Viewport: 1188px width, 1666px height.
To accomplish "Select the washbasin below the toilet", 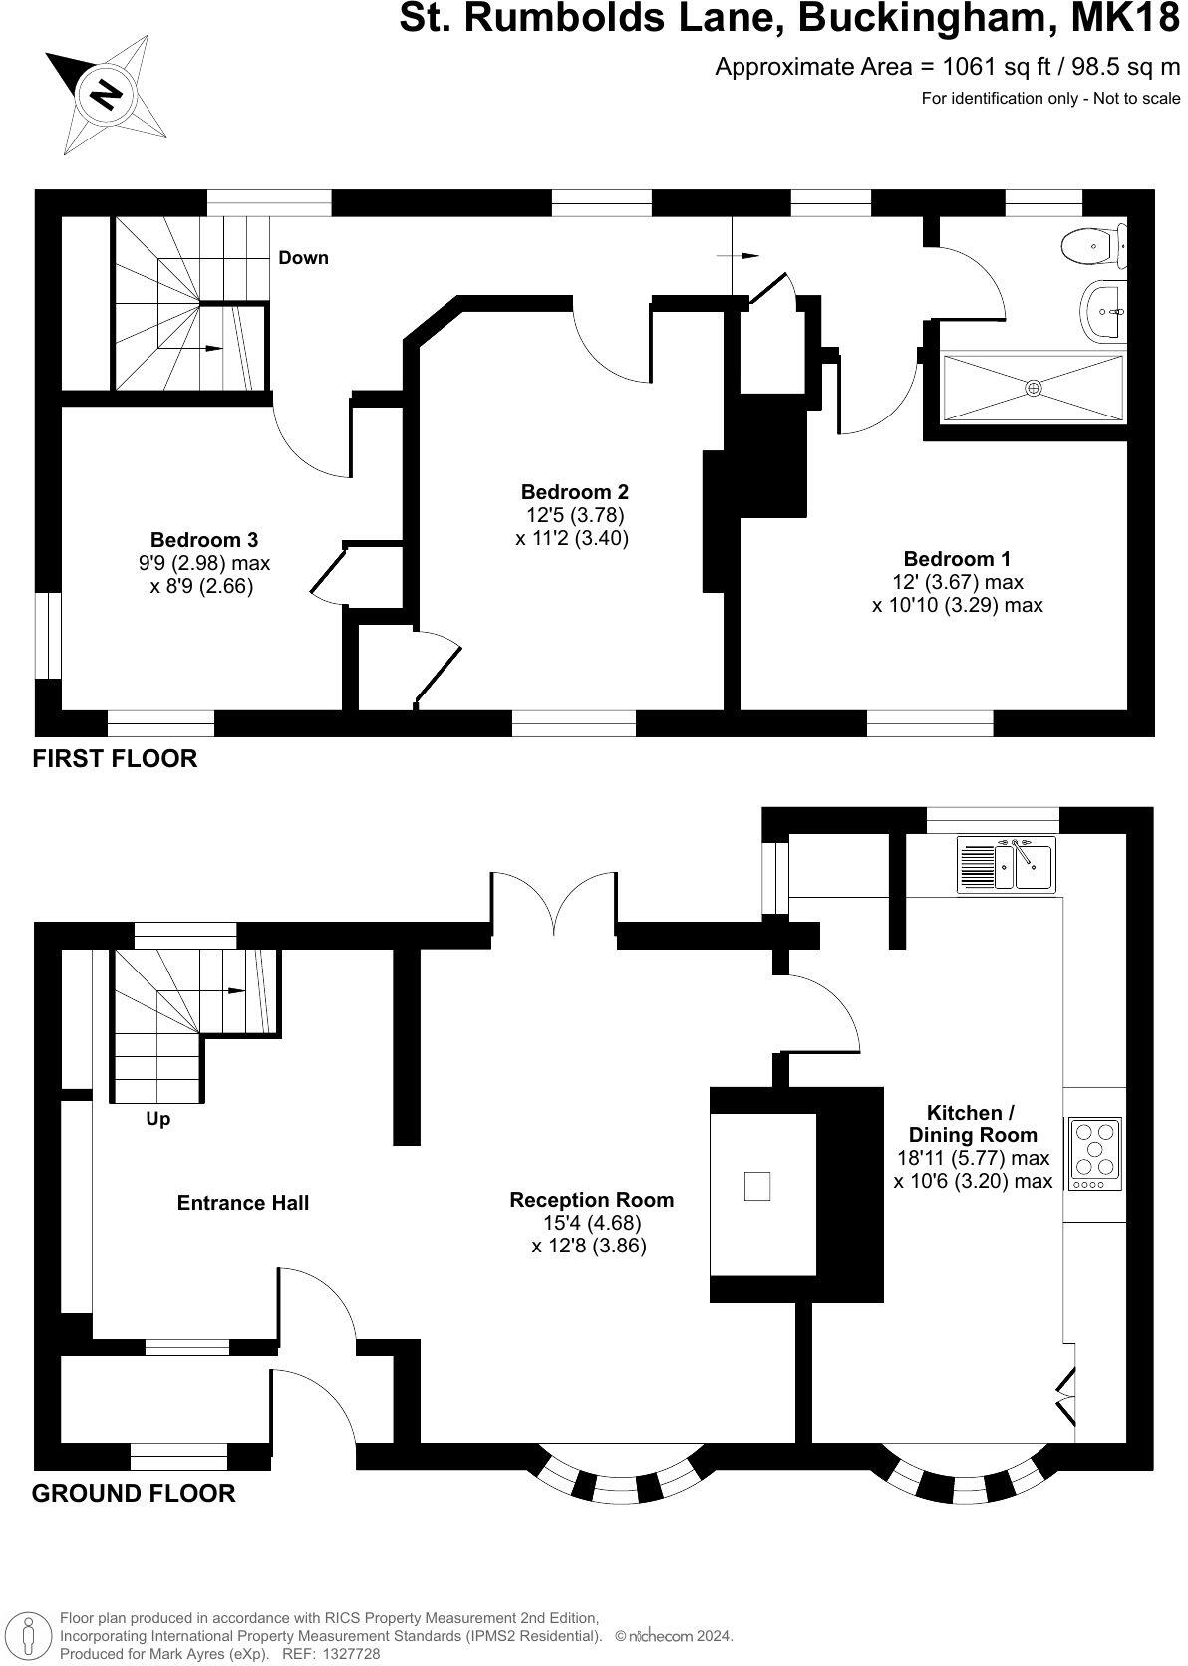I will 1105,310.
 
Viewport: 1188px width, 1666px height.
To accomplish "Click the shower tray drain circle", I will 1034,388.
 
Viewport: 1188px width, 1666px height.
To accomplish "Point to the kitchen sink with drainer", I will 1007,863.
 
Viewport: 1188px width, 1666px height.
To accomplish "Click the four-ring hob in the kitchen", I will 1094,1154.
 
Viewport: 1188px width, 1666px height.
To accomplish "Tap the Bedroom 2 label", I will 575,491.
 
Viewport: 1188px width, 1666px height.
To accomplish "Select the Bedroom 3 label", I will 204,540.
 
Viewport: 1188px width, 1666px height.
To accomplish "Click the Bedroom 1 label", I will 957,558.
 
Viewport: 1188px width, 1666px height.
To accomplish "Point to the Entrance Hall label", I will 243,1203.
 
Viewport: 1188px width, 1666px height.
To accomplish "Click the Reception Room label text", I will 591,1200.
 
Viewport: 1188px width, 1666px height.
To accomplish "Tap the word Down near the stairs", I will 303,258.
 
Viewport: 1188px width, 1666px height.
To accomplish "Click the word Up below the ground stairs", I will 158,1119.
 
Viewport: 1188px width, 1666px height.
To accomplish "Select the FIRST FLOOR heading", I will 115,758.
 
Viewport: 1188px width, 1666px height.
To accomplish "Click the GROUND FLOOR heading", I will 134,1493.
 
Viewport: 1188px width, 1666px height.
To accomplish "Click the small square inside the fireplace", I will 757,1186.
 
